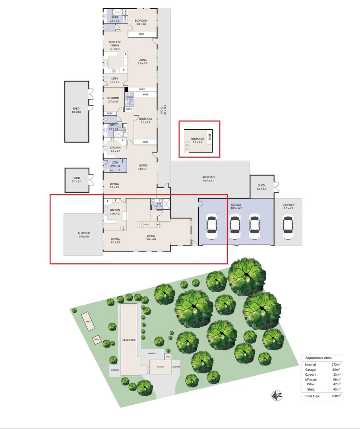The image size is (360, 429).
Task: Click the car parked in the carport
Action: tap(288, 226)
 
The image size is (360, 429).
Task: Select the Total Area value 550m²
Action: tap(337, 396)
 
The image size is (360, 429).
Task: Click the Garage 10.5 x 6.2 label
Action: tap(236, 205)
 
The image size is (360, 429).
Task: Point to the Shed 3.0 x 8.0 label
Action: tap(76, 110)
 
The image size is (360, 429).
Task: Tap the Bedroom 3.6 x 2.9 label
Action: tap(197, 141)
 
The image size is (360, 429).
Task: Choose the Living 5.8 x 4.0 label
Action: tap(151, 237)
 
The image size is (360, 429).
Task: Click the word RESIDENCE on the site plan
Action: tap(129, 340)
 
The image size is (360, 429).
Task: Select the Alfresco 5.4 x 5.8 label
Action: tap(84, 235)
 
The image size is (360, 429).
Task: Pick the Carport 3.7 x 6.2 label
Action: tap(288, 206)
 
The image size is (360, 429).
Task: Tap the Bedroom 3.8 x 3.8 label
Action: tap(141, 22)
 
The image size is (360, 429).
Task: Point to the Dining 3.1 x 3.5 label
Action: tap(114, 185)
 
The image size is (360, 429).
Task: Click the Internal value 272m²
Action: tap(337, 364)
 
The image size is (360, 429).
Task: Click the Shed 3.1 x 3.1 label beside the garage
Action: tap(261, 187)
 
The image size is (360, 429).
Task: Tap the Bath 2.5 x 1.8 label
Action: tap(114, 19)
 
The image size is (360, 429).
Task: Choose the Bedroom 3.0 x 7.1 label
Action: tap(145, 120)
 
